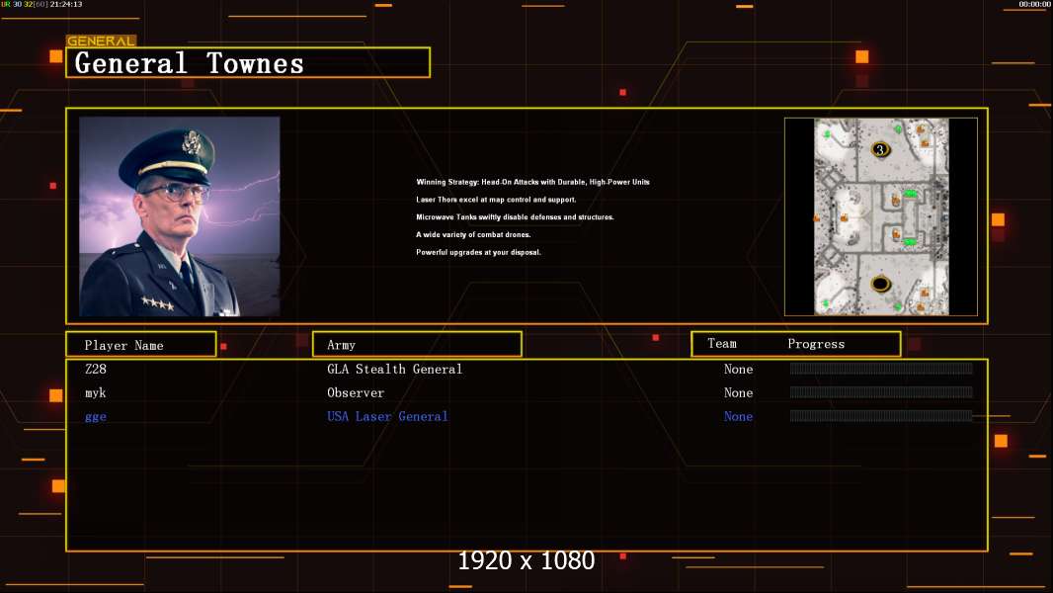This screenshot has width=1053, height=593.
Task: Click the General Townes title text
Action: (x=189, y=64)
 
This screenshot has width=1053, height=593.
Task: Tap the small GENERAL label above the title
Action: (x=101, y=41)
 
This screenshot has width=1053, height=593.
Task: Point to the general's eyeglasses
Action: (x=175, y=192)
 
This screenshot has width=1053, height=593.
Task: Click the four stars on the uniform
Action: (x=158, y=303)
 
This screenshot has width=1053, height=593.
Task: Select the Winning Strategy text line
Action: (x=532, y=182)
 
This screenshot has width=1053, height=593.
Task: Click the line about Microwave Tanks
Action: (x=515, y=216)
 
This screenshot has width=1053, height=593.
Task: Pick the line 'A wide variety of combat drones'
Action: (x=473, y=234)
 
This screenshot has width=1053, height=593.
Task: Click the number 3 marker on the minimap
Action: (x=880, y=150)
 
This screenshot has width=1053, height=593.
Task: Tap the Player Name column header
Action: (x=124, y=345)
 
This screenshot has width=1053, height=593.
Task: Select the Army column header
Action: (x=341, y=345)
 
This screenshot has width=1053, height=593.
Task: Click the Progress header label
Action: (x=816, y=344)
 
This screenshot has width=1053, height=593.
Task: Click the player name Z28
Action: (x=96, y=369)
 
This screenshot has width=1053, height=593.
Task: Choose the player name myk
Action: (x=96, y=393)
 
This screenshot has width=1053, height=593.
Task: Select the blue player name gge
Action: (x=96, y=417)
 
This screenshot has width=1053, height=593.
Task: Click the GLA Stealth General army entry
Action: (x=395, y=369)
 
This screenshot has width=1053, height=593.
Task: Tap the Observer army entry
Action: (x=356, y=393)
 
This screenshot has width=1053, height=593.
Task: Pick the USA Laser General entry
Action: (x=387, y=416)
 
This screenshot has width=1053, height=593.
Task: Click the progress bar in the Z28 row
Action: (x=881, y=368)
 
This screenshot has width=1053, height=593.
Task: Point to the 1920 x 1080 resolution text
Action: (x=526, y=560)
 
